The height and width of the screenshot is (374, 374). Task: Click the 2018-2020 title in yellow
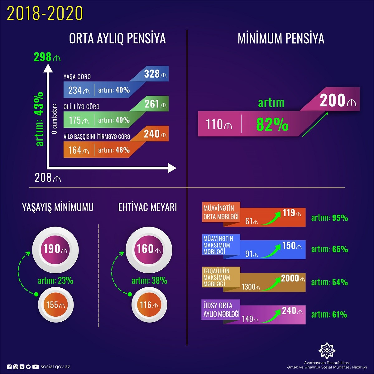click(45, 13)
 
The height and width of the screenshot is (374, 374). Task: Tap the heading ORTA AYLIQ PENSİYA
click(117, 39)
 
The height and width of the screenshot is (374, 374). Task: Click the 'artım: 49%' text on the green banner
click(114, 120)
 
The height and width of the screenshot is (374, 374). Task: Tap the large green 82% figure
click(272, 124)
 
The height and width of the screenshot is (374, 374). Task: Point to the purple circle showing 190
click(55, 249)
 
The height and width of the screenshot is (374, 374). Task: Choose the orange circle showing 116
click(149, 304)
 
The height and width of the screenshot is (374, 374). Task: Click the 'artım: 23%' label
click(55, 280)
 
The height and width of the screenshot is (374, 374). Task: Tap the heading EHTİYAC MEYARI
click(147, 207)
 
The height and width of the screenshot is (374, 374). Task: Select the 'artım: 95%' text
click(329, 218)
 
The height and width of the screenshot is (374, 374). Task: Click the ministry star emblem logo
click(327, 350)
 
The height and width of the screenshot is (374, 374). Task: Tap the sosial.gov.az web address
click(55, 367)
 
